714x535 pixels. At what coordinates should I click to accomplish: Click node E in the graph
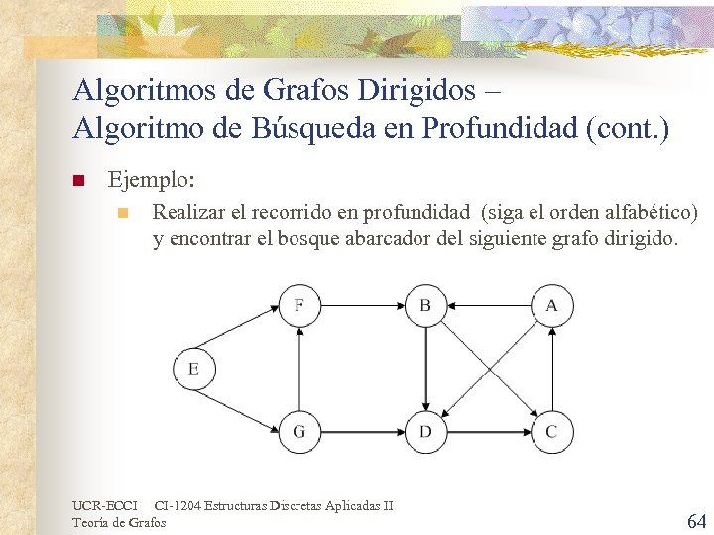(x=193, y=369)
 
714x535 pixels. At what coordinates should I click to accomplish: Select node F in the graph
(x=298, y=305)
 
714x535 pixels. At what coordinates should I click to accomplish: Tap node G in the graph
(x=298, y=431)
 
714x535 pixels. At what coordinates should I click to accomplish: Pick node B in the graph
(x=425, y=305)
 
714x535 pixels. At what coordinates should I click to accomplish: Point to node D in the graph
(x=425, y=431)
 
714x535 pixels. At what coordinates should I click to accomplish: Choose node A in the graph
(x=551, y=305)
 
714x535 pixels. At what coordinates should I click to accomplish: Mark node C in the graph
(x=551, y=431)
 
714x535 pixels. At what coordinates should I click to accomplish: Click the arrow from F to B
(x=362, y=305)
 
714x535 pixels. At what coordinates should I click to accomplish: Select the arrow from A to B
(x=488, y=305)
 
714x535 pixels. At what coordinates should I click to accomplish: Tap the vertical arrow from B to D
(x=425, y=368)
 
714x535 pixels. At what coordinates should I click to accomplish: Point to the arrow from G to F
(x=298, y=368)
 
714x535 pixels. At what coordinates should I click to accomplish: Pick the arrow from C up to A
(x=551, y=368)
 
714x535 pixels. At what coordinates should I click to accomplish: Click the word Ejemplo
(x=152, y=181)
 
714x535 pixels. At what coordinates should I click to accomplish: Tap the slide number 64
(x=696, y=520)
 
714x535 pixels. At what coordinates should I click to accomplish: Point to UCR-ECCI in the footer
(x=104, y=506)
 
